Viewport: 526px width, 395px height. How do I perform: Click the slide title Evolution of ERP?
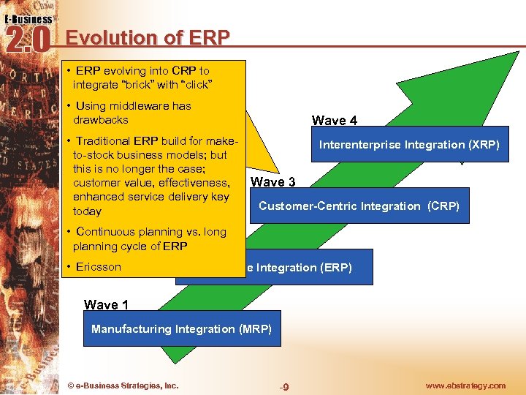tap(148, 37)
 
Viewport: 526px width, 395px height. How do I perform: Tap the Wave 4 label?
tap(335, 121)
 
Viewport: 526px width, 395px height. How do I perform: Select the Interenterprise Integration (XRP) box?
tap(409, 145)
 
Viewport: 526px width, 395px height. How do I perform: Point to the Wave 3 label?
tap(272, 181)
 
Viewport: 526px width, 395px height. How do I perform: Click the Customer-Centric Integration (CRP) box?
tap(359, 206)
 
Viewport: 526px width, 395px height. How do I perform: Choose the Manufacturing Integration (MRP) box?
tap(181, 329)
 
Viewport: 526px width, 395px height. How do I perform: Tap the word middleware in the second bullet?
tap(140, 106)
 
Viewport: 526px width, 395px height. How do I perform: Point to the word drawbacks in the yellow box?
tap(100, 119)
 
